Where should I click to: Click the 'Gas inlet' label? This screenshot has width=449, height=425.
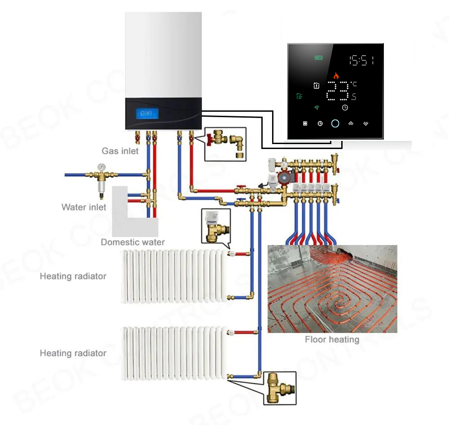click(120, 151)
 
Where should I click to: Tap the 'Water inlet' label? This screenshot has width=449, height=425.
click(84, 207)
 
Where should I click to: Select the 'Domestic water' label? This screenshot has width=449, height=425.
click(132, 242)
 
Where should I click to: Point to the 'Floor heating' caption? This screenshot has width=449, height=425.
click(332, 340)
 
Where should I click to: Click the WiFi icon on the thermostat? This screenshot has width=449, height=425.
click(317, 108)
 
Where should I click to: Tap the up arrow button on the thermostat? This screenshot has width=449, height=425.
click(351, 123)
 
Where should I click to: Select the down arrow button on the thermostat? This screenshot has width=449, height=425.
click(366, 123)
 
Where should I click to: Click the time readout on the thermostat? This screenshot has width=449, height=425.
click(361, 61)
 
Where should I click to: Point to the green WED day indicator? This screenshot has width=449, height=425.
click(318, 58)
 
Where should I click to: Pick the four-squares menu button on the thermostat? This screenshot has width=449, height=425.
click(305, 123)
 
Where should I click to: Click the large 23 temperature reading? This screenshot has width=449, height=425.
click(336, 92)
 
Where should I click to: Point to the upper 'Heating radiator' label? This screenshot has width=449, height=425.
click(73, 276)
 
